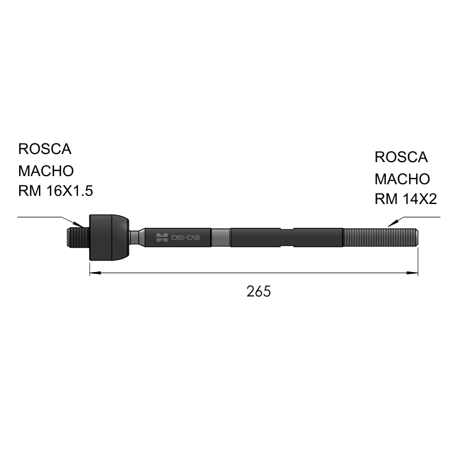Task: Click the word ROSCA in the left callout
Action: point(45,149)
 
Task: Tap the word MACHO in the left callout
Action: point(46,171)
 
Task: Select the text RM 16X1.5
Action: point(55,191)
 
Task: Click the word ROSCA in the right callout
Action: point(401,157)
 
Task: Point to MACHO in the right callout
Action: point(402,179)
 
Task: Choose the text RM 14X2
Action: point(406,199)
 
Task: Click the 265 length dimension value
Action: point(259,292)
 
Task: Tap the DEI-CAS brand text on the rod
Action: point(185,238)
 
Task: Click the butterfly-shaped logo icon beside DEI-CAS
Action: point(162,238)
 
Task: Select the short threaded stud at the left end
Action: point(78,237)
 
